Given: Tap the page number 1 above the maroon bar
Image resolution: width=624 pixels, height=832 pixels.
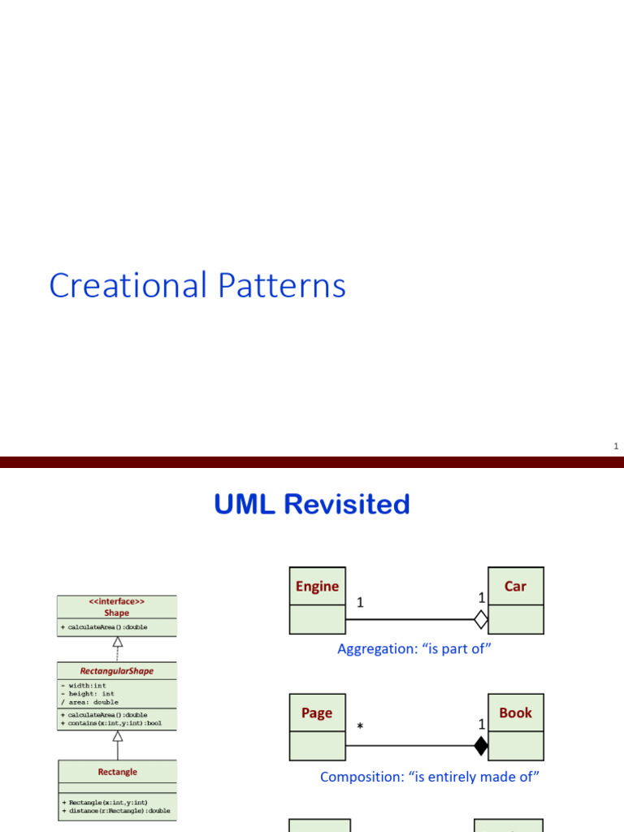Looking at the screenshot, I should click(616, 446).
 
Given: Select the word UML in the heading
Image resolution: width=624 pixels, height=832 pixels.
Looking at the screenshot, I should click(245, 505).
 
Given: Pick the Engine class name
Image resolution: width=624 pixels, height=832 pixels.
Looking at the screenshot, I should click(317, 587).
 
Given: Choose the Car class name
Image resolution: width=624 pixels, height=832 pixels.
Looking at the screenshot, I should click(515, 587).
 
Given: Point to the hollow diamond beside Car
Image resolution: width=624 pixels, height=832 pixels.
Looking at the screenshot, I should click(481, 620).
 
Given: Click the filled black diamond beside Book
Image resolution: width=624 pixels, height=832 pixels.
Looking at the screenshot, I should click(481, 746).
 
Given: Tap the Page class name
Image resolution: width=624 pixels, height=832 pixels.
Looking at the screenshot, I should click(317, 713).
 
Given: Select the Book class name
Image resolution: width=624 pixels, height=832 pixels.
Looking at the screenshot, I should click(515, 713).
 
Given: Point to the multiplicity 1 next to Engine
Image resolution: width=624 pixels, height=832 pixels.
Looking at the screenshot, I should click(360, 603).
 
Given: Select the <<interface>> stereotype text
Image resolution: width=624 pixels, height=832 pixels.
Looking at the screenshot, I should click(116, 602).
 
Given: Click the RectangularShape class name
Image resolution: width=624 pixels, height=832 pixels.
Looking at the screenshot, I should click(116, 671).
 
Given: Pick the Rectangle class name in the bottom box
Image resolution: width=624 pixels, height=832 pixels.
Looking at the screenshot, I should click(117, 772).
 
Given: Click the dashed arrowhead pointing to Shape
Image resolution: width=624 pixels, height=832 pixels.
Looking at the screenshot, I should click(117, 642).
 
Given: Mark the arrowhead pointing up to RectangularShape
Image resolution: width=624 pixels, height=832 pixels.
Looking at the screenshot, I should click(117, 736).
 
